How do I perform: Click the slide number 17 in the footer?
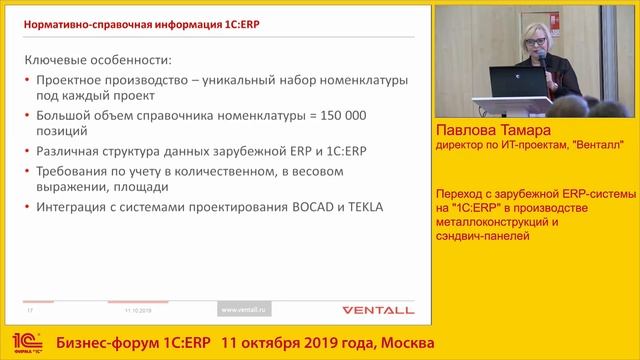[x=31, y=310]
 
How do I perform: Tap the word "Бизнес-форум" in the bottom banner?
[x=102, y=343]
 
